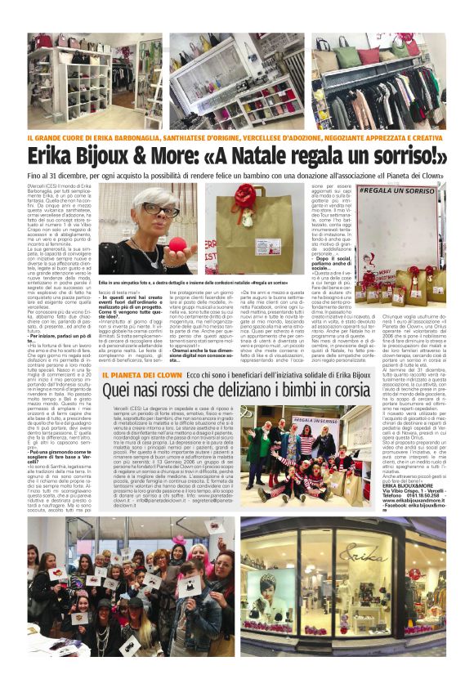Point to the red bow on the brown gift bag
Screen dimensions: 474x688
tap(243, 201)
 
